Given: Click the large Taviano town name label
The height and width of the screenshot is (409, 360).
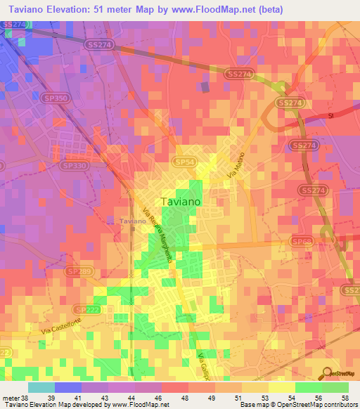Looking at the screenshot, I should pyautogui.click(x=181, y=201).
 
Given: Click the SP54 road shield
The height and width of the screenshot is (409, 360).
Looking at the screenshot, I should pyautogui.click(x=186, y=162).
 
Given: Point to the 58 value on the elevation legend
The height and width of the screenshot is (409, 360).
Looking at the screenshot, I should pyautogui.click(x=344, y=397).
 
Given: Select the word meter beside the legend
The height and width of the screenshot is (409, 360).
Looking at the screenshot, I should pyautogui.click(x=11, y=397).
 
